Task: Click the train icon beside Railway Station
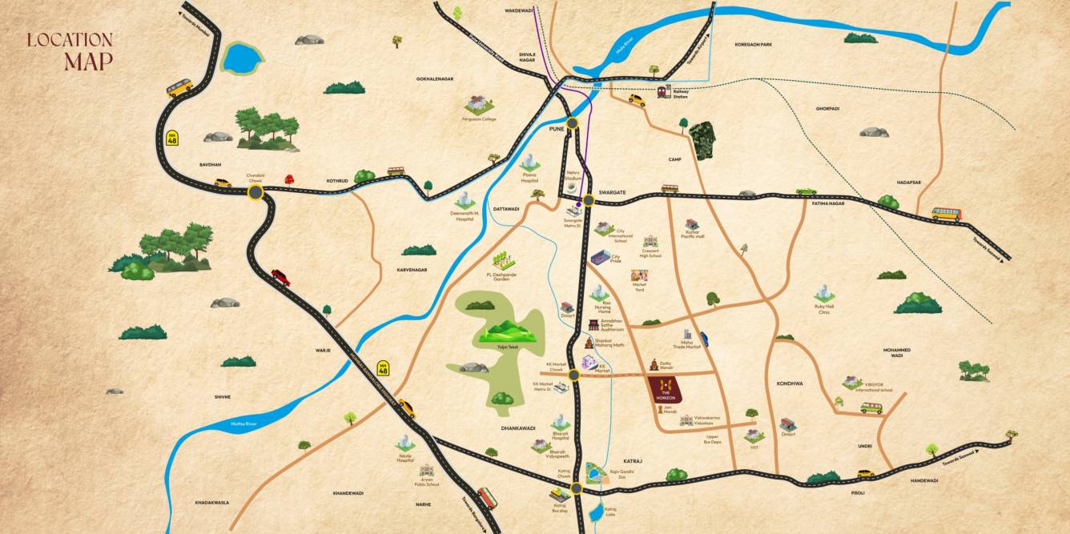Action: point(664,91)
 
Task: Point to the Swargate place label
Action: point(611,193)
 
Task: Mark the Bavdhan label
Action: point(210,164)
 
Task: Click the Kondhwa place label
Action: point(789,383)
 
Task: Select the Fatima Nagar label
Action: point(828,204)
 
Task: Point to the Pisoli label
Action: point(858,493)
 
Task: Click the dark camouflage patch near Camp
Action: point(702,141)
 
